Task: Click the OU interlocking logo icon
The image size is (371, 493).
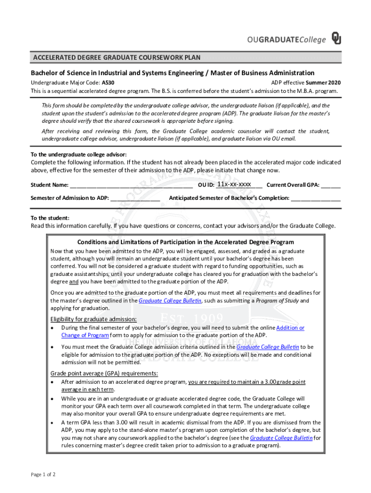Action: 336,39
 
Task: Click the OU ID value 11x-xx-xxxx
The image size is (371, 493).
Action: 234,184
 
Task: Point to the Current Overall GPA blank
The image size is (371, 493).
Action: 331,185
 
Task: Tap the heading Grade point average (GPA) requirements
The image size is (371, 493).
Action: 104,374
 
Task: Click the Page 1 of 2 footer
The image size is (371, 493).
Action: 43,474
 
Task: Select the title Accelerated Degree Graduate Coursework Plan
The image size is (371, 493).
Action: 116,58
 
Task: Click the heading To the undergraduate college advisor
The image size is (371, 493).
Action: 79,154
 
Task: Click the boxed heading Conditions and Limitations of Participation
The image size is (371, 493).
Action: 185,242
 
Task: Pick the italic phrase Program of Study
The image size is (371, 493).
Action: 277,301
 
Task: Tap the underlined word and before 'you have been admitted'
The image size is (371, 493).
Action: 74,282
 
